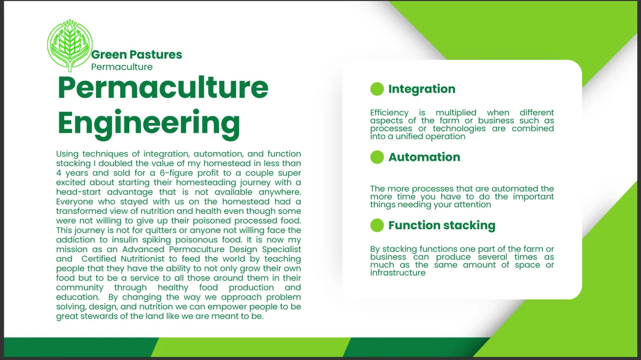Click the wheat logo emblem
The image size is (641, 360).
pyautogui.click(x=70, y=45)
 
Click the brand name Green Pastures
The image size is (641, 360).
pyautogui.click(x=137, y=54)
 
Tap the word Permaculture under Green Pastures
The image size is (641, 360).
pyautogui.click(x=122, y=67)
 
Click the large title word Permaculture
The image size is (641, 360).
pyautogui.click(x=163, y=88)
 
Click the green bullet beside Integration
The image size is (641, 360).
pyautogui.click(x=377, y=89)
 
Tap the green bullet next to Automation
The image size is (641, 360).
pyautogui.click(x=377, y=157)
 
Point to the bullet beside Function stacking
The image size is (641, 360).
pyautogui.click(x=377, y=225)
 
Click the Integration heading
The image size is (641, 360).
pyautogui.click(x=422, y=89)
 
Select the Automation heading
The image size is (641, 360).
pyautogui.click(x=424, y=157)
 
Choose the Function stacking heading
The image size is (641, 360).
pyautogui.click(x=442, y=225)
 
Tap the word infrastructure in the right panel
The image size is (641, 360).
pyautogui.click(x=398, y=273)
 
